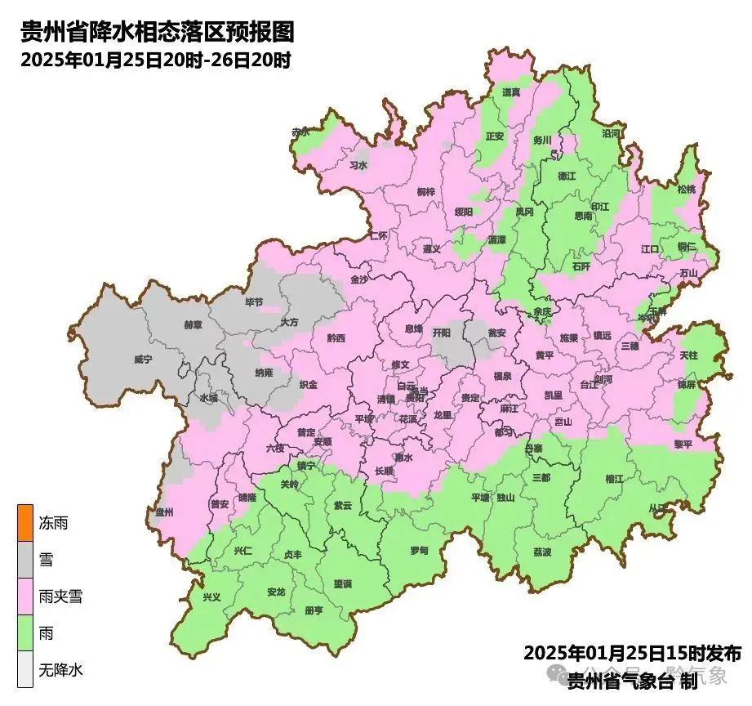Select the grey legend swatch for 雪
[25, 561]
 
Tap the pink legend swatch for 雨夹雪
[25, 597]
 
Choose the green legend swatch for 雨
[25, 633]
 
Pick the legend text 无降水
[61, 670]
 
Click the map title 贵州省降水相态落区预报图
[156, 33]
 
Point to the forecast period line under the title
[156, 60]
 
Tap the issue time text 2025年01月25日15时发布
[632, 653]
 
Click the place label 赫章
[193, 324]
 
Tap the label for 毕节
[254, 302]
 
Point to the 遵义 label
[431, 248]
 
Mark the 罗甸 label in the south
[419, 551]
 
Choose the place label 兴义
[211, 597]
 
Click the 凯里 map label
[554, 395]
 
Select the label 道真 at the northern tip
[512, 92]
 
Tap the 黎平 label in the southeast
[683, 444]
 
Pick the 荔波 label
[542, 552]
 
